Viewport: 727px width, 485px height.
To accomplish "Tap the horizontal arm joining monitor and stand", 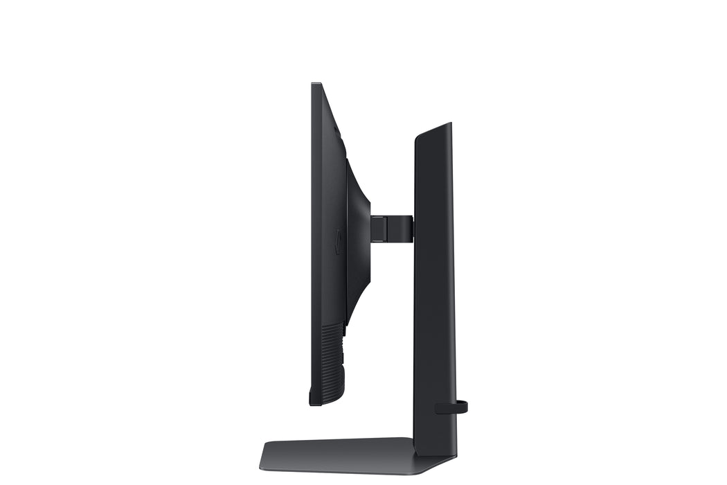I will pyautogui.click(x=391, y=229).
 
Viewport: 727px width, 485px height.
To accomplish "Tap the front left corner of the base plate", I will pyautogui.click(x=263, y=464).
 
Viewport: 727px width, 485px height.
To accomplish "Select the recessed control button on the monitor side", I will pyautogui.click(x=337, y=242).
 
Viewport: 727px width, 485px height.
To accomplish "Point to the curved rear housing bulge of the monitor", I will pyautogui.click(x=359, y=229).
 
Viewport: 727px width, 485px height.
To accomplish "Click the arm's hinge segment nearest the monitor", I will pyautogui.click(x=379, y=229).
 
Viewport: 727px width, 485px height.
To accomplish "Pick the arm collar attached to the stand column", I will pyautogui.click(x=406, y=229).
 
